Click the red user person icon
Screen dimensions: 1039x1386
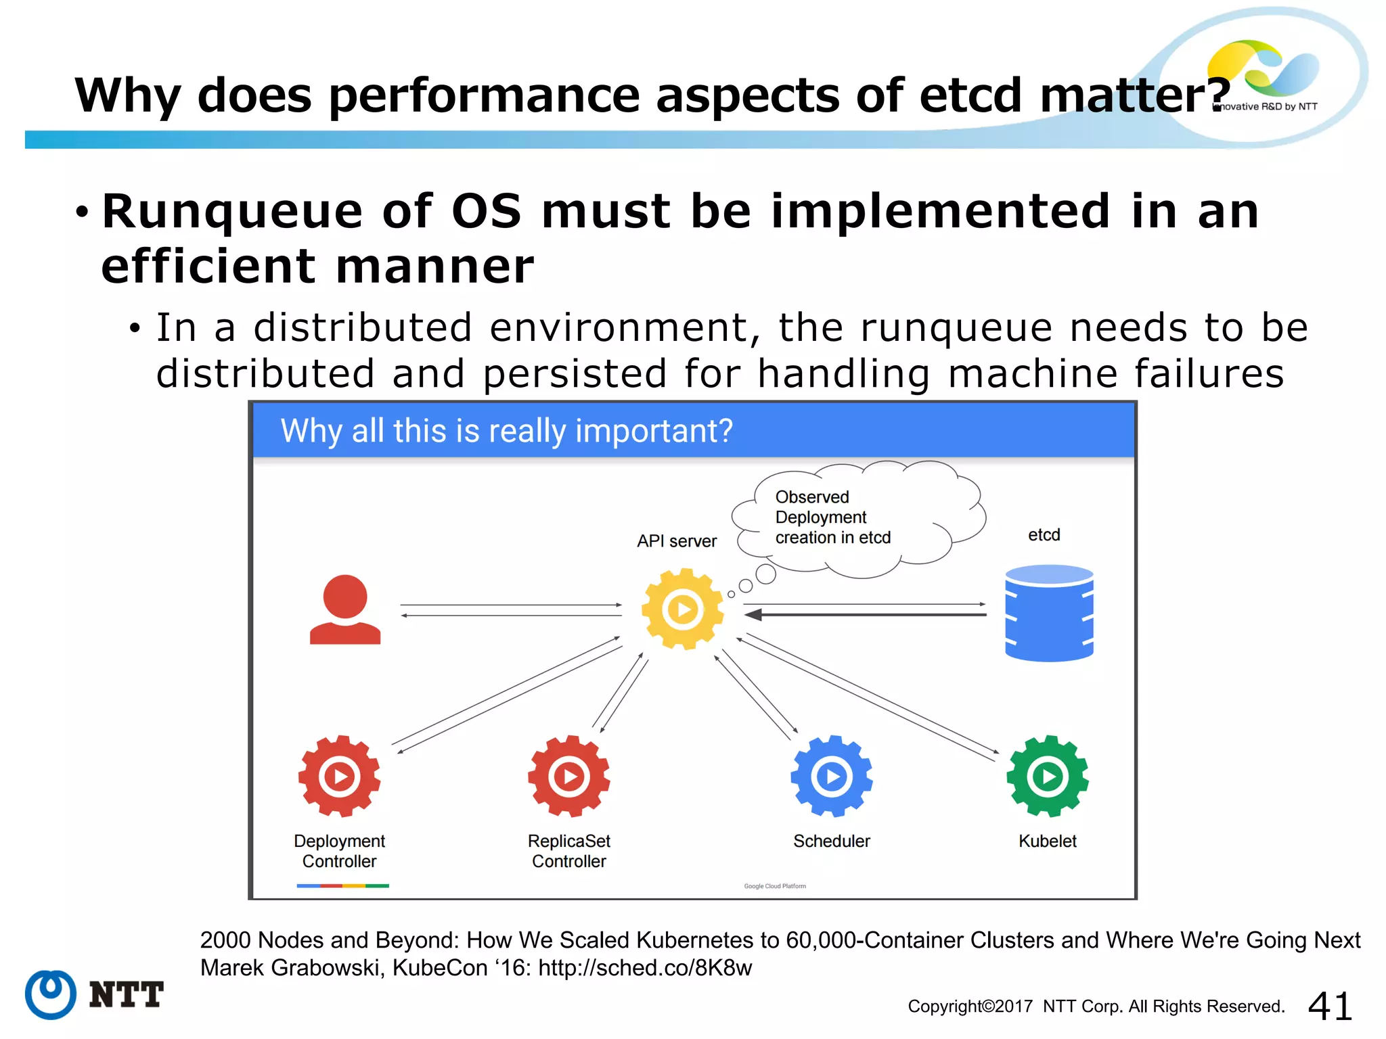point(345,609)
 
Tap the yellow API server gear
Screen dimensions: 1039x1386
point(682,609)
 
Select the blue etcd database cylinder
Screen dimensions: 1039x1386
point(1049,613)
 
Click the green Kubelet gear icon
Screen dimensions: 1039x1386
point(1047,776)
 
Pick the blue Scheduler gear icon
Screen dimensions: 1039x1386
point(831,776)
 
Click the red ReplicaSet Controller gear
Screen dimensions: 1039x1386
point(568,776)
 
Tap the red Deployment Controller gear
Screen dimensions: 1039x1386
point(339,776)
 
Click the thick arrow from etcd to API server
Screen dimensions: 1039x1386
point(866,615)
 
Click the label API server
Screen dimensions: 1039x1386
point(676,541)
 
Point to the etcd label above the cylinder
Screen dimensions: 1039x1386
point(1044,535)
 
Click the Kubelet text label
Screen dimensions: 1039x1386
point(1047,841)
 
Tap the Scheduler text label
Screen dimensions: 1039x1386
point(831,841)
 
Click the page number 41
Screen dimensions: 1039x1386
point(1329,1006)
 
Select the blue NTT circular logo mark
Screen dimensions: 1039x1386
point(51,994)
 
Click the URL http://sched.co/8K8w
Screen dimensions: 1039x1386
point(644,968)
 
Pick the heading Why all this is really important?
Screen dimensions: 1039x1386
point(506,431)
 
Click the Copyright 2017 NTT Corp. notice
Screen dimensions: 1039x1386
point(1096,1007)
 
